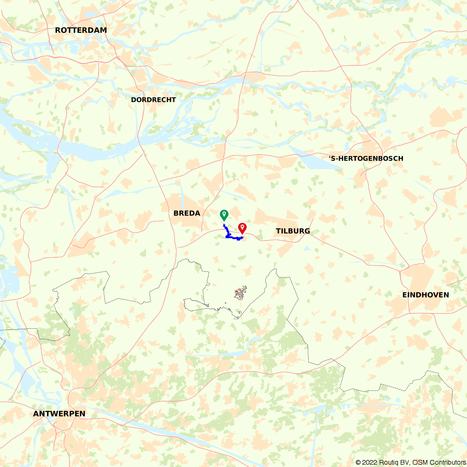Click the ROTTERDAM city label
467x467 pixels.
click(81, 30)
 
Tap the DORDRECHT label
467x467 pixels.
click(153, 99)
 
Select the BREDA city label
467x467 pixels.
click(187, 213)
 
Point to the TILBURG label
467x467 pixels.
click(293, 231)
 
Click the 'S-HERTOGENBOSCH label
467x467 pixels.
click(366, 158)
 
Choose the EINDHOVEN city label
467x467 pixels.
click(425, 295)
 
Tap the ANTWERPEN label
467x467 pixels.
click(59, 414)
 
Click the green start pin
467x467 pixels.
click(224, 215)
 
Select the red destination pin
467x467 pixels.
click(242, 228)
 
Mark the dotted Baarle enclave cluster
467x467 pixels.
click(241, 293)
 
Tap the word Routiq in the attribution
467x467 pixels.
click(390, 462)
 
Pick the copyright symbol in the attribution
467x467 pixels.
click(358, 462)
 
